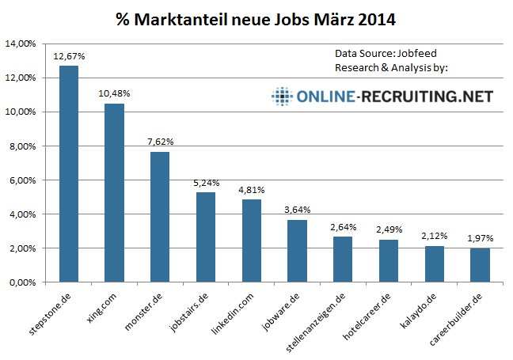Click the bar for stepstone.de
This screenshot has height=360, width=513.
point(69,174)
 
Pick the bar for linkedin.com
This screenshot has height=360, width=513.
point(251,241)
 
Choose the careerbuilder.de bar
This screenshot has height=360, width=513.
point(480,265)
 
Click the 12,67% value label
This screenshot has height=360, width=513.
point(69,56)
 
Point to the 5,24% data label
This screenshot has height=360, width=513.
point(206,183)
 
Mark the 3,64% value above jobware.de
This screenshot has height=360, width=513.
point(297,210)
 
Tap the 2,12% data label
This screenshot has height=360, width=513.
point(434,236)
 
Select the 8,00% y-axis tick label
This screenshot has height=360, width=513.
point(22,146)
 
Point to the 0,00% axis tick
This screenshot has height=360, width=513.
point(22,282)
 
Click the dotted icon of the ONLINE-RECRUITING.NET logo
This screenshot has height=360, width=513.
point(282,97)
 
